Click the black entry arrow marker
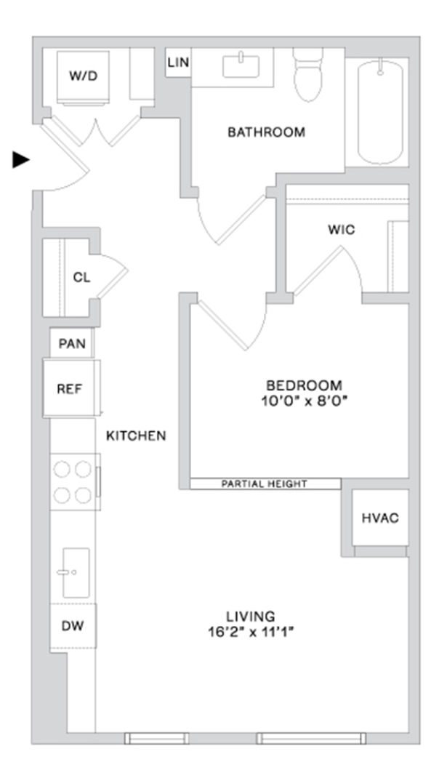click(x=20, y=159)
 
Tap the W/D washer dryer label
click(x=83, y=76)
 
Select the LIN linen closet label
click(x=178, y=63)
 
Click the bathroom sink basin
click(x=241, y=66)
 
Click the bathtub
click(x=380, y=111)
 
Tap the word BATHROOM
click(x=267, y=132)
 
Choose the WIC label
click(x=342, y=229)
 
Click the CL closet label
click(x=81, y=278)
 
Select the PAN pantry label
click(x=72, y=344)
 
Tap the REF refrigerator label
click(x=70, y=389)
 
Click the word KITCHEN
click(x=136, y=436)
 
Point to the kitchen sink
click(x=76, y=573)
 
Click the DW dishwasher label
click(x=73, y=626)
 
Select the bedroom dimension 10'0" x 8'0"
click(x=304, y=401)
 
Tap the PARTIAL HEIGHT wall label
click(x=264, y=484)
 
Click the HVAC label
click(x=380, y=518)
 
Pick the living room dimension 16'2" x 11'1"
click(x=251, y=633)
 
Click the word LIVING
click(x=251, y=617)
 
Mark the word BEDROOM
click(x=304, y=386)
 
